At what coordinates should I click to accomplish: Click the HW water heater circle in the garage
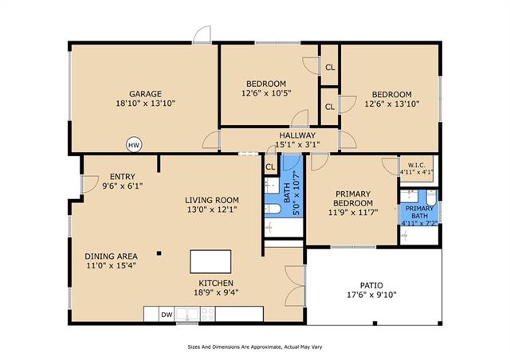(x=134, y=145)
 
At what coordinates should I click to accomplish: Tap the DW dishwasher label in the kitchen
(x=167, y=315)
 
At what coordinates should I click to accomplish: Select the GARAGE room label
(x=145, y=94)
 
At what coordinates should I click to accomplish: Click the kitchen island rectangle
(x=210, y=261)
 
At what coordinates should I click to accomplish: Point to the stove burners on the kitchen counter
(x=207, y=314)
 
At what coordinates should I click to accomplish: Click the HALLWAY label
(x=297, y=135)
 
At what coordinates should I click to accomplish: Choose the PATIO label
(x=371, y=285)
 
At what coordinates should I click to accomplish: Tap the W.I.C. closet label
(x=416, y=166)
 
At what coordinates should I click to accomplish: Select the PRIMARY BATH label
(x=419, y=212)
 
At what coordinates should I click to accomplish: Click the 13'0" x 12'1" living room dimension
(x=212, y=209)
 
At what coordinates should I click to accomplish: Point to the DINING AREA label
(x=111, y=256)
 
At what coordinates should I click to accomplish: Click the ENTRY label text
(x=122, y=177)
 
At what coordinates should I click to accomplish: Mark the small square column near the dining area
(x=159, y=252)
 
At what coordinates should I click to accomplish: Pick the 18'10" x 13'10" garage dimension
(x=145, y=104)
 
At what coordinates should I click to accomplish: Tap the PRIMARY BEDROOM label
(x=353, y=198)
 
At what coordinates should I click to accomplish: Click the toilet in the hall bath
(x=273, y=209)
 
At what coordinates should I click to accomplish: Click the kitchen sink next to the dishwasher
(x=186, y=314)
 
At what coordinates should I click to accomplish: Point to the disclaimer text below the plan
(x=255, y=347)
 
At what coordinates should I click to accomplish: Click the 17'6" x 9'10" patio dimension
(x=371, y=295)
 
